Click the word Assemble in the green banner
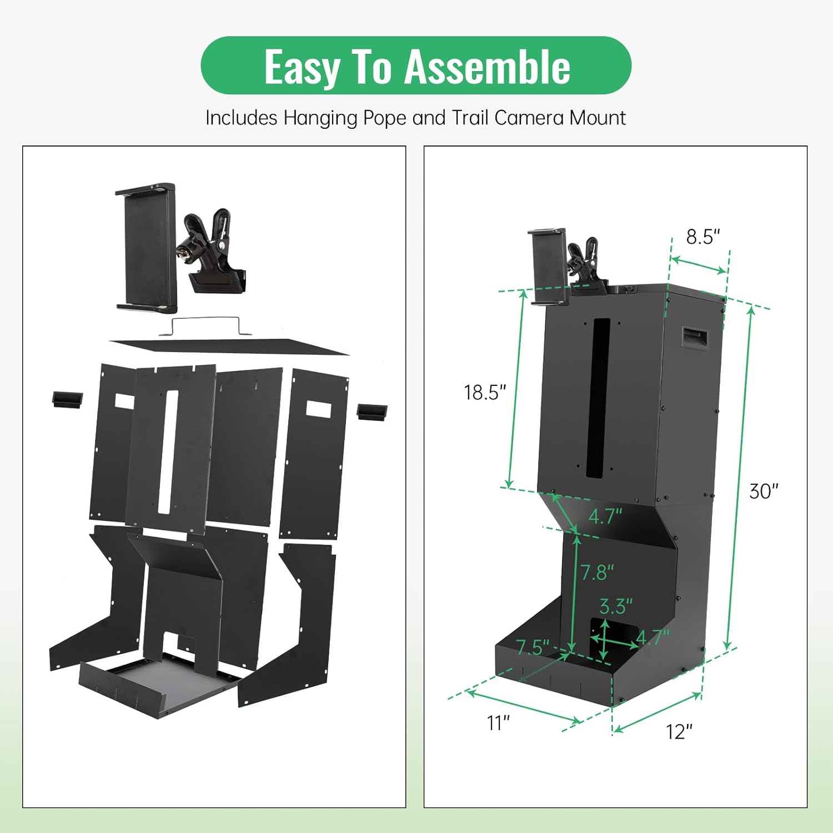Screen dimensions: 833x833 click(x=488, y=67)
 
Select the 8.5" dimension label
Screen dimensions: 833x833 click(x=702, y=237)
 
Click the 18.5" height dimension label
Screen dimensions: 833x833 click(x=485, y=393)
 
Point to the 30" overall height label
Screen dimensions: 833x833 click(x=764, y=491)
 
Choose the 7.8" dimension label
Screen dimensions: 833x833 click(x=597, y=572)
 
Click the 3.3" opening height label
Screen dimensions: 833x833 click(x=616, y=606)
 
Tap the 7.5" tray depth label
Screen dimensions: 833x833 click(x=533, y=648)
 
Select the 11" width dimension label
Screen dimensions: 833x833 click(x=498, y=723)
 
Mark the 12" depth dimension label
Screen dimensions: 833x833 click(x=679, y=732)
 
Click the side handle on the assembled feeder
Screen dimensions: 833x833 click(x=695, y=338)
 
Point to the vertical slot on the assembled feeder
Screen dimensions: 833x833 click(x=598, y=398)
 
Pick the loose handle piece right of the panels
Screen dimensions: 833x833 click(x=372, y=412)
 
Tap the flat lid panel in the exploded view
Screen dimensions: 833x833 click(x=229, y=346)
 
